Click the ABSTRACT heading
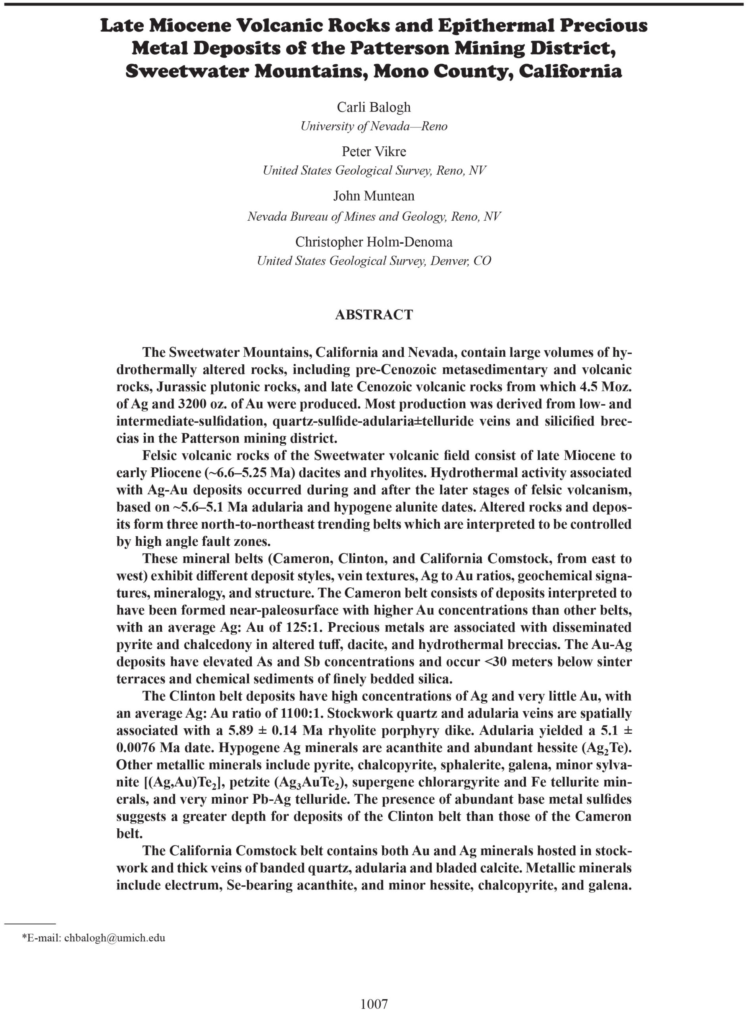(374, 315)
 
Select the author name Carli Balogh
(374, 107)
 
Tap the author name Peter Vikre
(374, 151)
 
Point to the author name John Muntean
(374, 196)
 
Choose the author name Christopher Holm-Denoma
(374, 242)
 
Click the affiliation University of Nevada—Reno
(374, 126)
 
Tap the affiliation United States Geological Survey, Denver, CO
(374, 261)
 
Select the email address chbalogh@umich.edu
(115, 937)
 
